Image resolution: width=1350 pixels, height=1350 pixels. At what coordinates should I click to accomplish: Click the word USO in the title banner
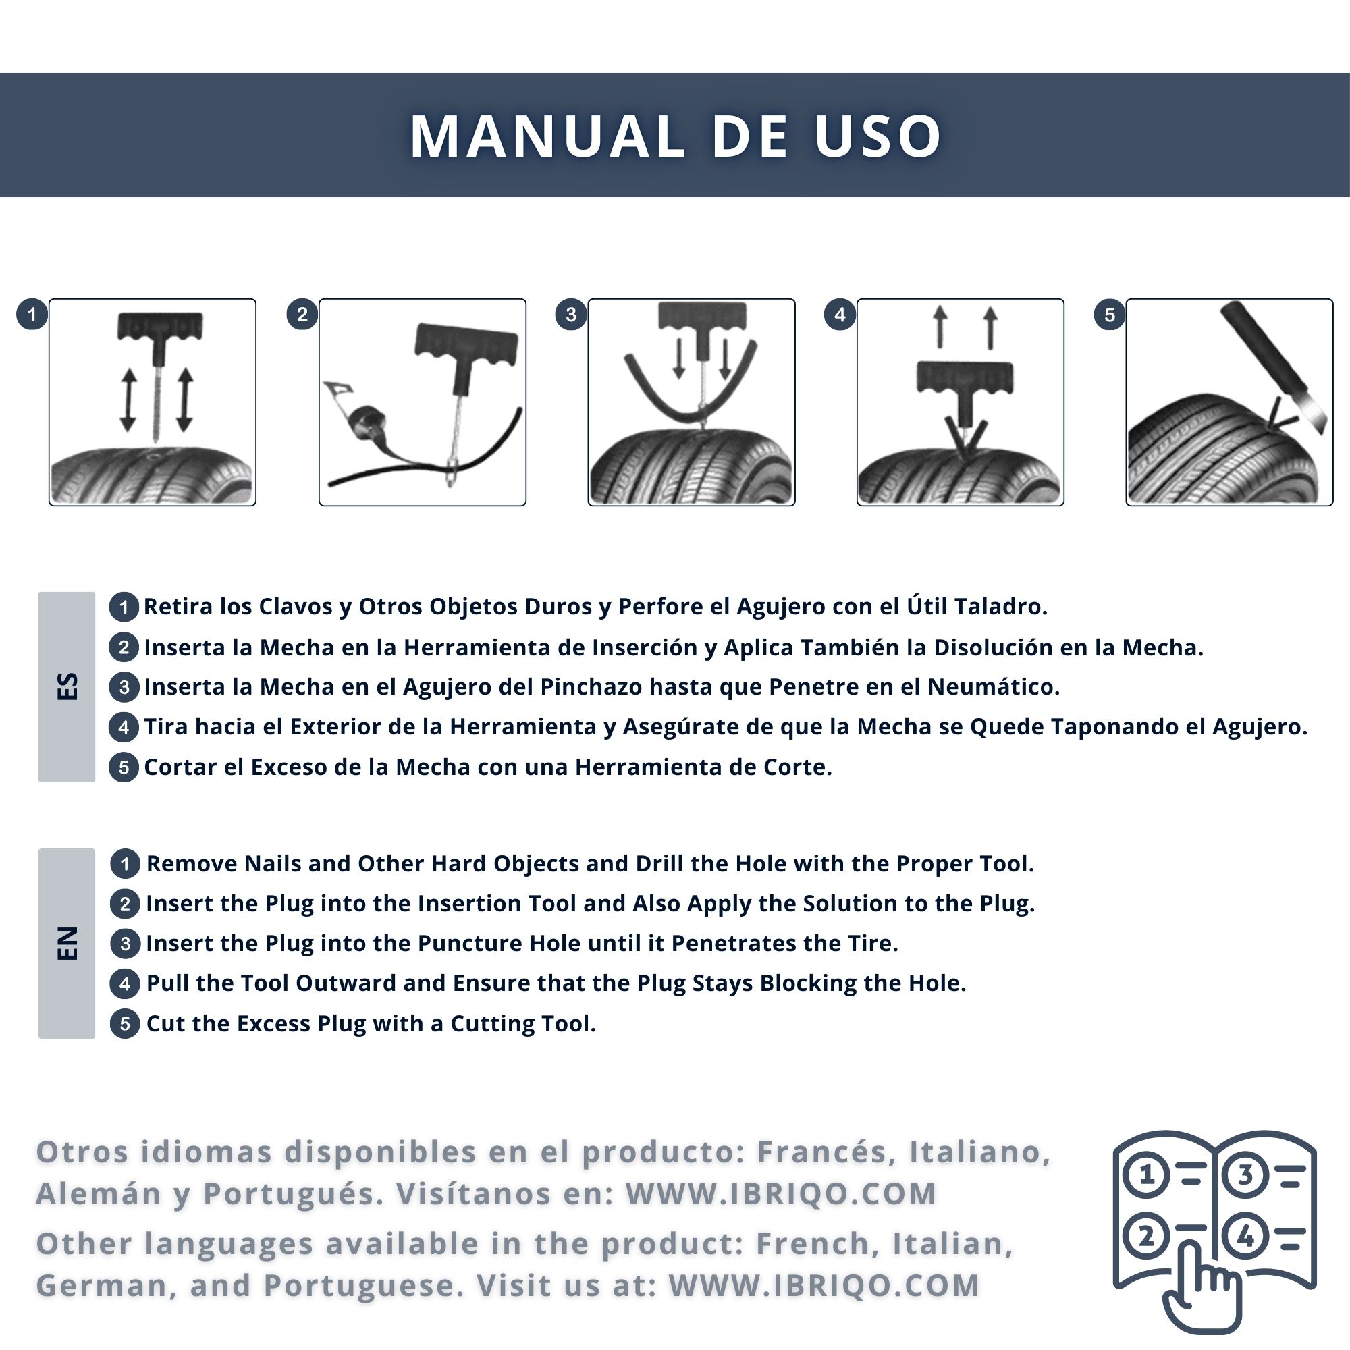pos(878,136)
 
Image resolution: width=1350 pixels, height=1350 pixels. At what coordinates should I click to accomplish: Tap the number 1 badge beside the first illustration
pos(32,315)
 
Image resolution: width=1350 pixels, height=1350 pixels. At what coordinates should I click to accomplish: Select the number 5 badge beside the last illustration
pos(1110,315)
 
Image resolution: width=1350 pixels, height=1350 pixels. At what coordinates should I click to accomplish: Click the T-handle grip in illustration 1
pos(160,325)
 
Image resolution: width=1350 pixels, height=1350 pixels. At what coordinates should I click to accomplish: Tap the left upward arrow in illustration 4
pos(940,326)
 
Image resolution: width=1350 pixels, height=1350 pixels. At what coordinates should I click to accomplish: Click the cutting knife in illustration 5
pos(1273,366)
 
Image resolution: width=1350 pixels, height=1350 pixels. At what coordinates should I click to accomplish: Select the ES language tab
pos(66,687)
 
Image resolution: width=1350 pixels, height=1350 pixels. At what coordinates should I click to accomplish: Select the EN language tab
pos(66,944)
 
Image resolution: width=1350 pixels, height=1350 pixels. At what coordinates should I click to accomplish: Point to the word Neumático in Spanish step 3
pos(993,687)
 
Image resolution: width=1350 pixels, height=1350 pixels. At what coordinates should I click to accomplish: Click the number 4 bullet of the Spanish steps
pos(124,728)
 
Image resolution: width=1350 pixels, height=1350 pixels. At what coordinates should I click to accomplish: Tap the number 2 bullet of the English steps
pos(125,905)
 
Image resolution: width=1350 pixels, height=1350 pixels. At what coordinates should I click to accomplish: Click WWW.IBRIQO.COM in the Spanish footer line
pos(780,1193)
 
